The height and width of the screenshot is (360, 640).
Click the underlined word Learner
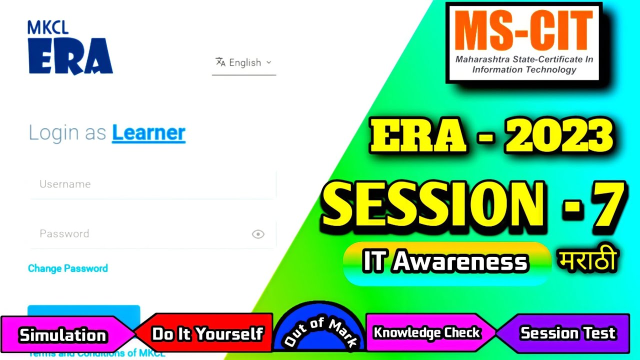click(x=148, y=133)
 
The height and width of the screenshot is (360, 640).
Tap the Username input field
click(x=152, y=184)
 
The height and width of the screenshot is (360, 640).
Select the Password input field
click(x=140, y=233)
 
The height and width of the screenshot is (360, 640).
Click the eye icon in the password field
click(x=258, y=234)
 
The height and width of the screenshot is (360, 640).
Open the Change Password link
click(x=68, y=268)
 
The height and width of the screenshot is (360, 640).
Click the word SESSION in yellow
click(x=432, y=204)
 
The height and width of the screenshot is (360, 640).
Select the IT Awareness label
click(x=445, y=262)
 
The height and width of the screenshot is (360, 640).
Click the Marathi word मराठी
click(x=587, y=261)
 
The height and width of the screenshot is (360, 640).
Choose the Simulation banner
click(x=63, y=335)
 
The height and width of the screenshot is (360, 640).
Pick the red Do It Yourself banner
click(x=207, y=334)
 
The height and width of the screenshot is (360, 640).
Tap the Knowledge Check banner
click(x=426, y=333)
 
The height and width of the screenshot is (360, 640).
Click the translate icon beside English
click(x=220, y=62)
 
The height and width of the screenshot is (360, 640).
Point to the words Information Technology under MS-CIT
click(x=524, y=69)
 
